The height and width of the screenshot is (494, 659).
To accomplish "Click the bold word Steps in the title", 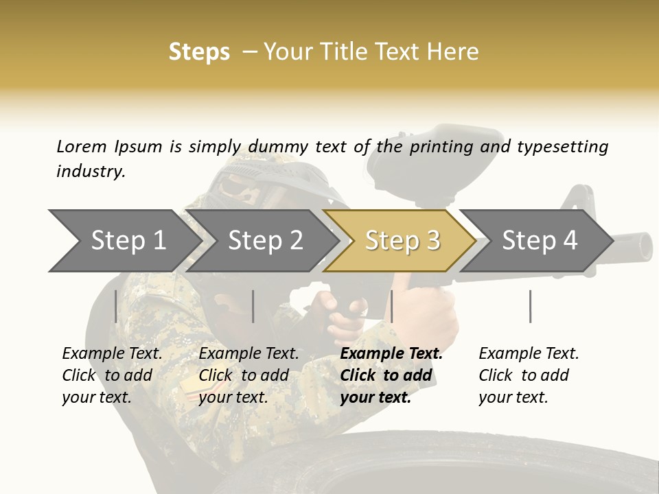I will tap(199, 52).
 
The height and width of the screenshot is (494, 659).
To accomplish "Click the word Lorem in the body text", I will tap(81, 146).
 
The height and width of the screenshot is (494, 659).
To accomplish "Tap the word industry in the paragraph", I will tap(90, 171).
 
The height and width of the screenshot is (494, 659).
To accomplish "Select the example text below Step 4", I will tap(529, 375).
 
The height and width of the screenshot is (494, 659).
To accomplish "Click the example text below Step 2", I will tap(248, 375).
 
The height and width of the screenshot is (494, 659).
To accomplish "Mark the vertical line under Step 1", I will tap(115, 306).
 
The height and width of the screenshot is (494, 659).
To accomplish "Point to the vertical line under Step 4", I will tap(530, 306).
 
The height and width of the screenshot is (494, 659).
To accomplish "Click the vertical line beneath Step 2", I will tap(253, 306).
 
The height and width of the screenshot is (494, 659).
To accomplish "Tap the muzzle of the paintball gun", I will tap(642, 245).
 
